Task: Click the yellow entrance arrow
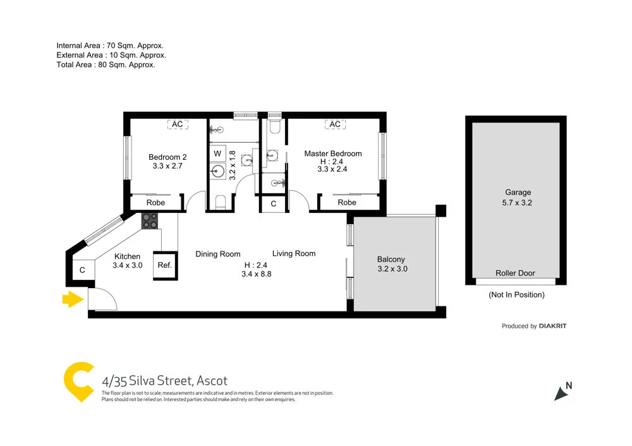(73, 299)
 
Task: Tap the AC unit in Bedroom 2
(178, 124)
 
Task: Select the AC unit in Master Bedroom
(335, 124)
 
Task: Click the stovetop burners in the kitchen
(150, 220)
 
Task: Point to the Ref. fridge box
(164, 265)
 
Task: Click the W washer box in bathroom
(217, 154)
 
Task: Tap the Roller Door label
(515, 274)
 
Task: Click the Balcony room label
(391, 259)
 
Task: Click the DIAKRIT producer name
(553, 326)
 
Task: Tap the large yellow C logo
(79, 382)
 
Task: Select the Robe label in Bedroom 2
(155, 203)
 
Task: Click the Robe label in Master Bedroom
(347, 203)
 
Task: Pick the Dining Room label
(217, 254)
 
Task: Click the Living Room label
(294, 253)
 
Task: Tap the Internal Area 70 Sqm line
(110, 45)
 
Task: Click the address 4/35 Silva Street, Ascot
(164, 381)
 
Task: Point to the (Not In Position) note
(516, 295)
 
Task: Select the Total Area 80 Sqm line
(106, 64)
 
